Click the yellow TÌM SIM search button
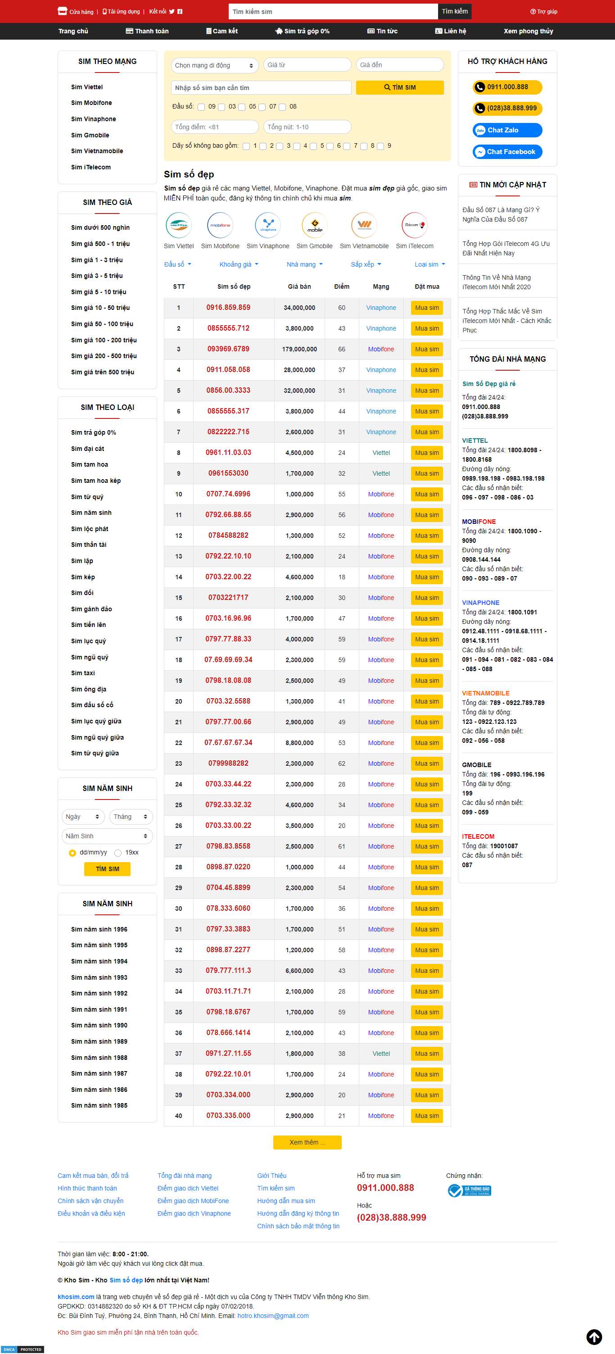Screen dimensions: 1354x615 [x=400, y=87]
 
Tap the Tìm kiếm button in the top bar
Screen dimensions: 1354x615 [x=454, y=12]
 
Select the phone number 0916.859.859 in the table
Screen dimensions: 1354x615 [x=228, y=308]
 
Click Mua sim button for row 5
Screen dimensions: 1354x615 [x=426, y=391]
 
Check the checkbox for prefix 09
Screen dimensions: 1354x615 [x=201, y=107]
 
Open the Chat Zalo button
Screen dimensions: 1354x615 [x=507, y=130]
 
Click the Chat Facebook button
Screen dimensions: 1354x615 [x=507, y=152]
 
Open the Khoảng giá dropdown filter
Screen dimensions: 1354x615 [x=239, y=264]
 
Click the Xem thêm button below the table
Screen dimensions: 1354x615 [x=307, y=1142]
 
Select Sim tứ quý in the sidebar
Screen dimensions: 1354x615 [x=87, y=497]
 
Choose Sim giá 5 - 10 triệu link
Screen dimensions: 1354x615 [x=99, y=292]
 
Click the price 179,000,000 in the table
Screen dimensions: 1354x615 [x=299, y=349]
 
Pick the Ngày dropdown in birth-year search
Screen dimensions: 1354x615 [x=82, y=816]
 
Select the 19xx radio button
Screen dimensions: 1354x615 [x=118, y=853]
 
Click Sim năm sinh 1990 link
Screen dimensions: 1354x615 [x=99, y=1025]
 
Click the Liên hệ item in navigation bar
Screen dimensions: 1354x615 [x=451, y=31]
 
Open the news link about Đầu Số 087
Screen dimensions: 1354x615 [x=501, y=214]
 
